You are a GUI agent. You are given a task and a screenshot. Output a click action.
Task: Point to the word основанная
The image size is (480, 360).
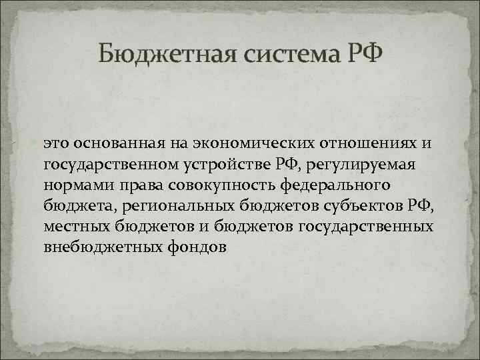(x=115, y=143)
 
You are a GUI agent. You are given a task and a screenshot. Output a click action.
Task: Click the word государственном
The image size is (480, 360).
(x=108, y=163)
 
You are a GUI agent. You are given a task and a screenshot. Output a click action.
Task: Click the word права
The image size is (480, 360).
(x=131, y=185)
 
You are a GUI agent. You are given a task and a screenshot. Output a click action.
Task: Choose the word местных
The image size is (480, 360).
(x=72, y=226)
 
